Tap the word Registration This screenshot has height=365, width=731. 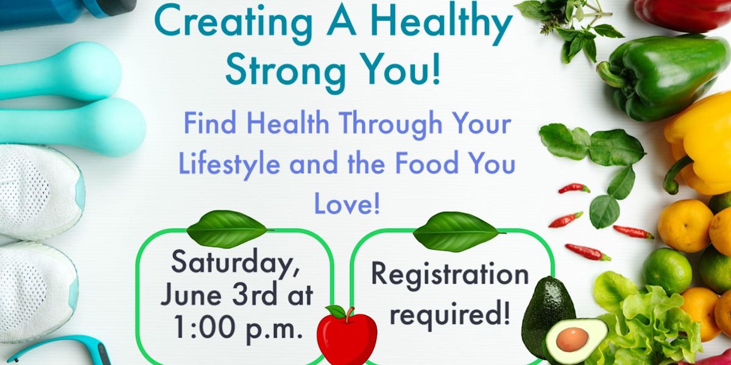[450, 274]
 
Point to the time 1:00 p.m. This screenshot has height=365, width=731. [238, 329]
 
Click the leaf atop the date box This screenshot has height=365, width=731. [227, 229]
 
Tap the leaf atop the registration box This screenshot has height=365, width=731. [456, 231]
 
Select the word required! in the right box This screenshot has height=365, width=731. [450, 316]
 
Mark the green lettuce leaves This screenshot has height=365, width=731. [646, 322]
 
